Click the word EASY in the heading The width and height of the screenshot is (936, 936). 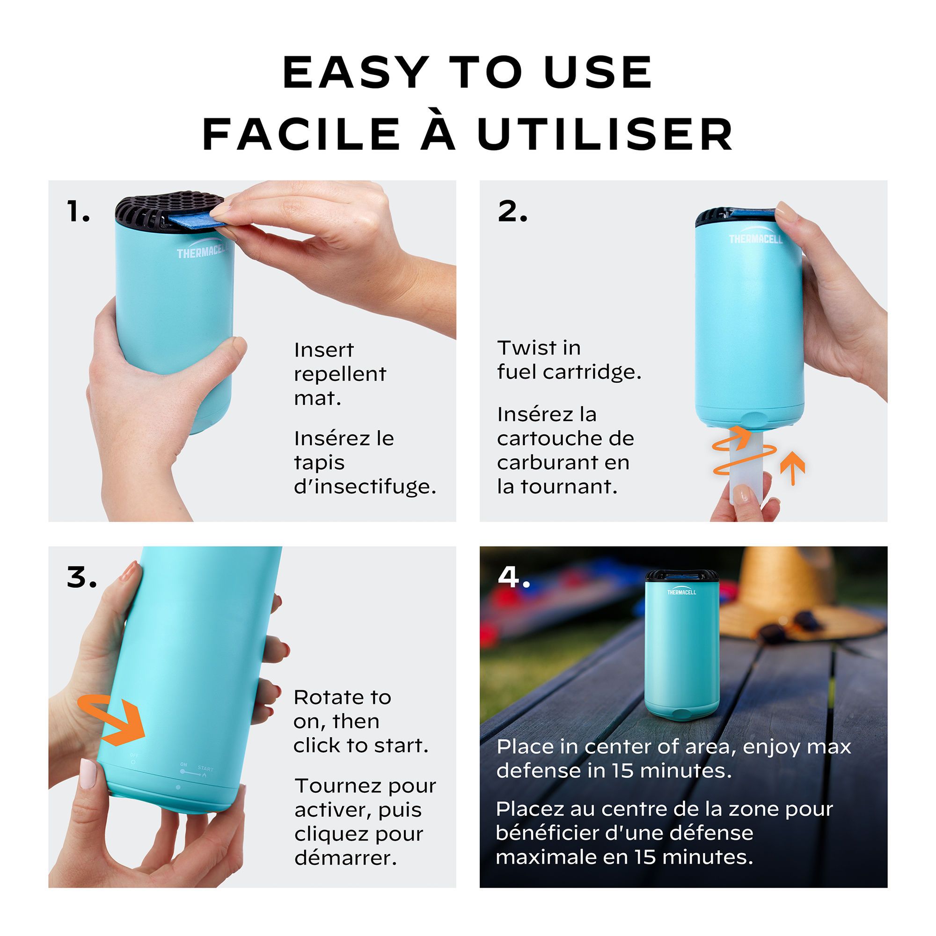357,73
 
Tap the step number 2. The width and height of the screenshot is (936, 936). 512,212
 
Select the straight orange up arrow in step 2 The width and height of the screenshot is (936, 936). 793,468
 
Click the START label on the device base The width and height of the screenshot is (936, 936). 205,768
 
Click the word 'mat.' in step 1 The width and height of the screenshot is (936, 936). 317,398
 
